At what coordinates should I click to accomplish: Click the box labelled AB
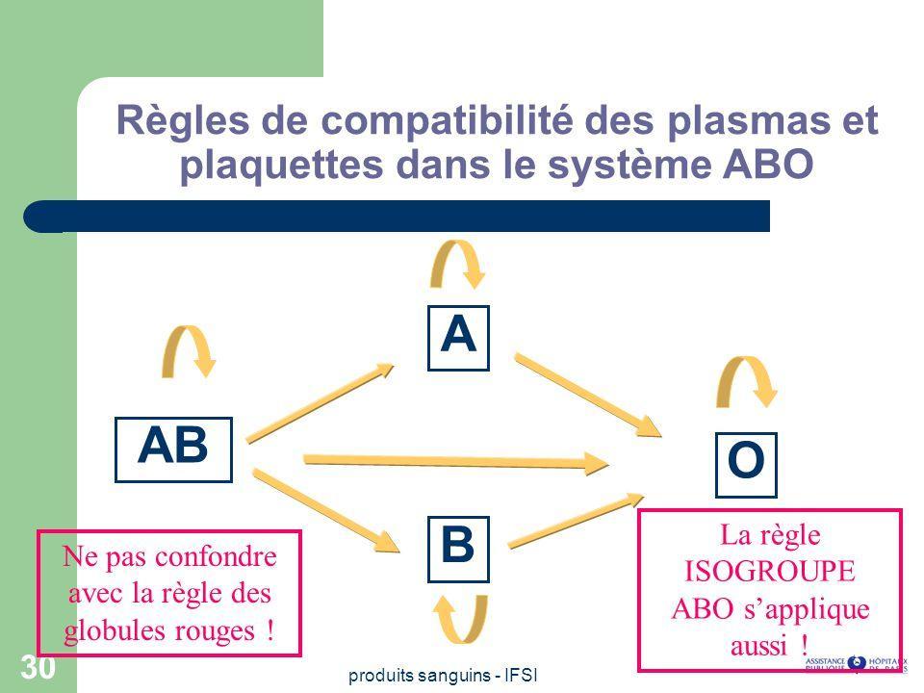pyautogui.click(x=174, y=449)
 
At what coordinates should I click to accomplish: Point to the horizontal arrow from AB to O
pyautogui.click(x=456, y=461)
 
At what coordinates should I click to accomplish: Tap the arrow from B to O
pyautogui.click(x=576, y=523)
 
